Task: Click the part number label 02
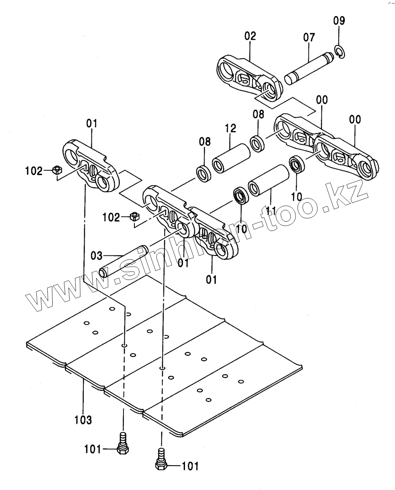(251, 36)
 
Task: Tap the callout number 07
(309, 38)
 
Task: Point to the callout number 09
(339, 20)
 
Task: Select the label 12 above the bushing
(230, 129)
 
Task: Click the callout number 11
(271, 211)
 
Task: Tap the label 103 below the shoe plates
(83, 419)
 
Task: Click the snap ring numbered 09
(340, 51)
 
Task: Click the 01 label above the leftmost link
(91, 123)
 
